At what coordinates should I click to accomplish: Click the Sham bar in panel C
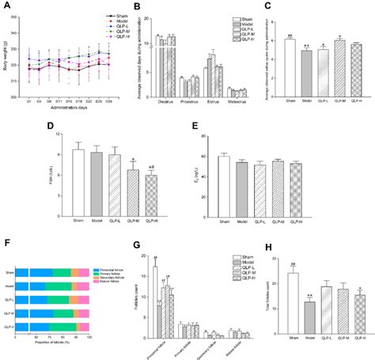(290, 67)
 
